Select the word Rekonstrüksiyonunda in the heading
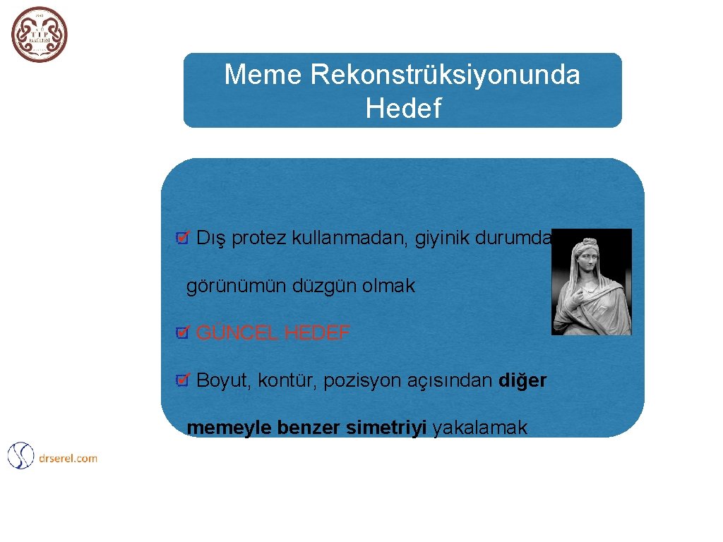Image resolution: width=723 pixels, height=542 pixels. [443, 75]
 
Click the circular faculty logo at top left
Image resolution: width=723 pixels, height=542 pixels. [40, 35]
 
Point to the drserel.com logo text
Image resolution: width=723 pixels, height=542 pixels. [68, 458]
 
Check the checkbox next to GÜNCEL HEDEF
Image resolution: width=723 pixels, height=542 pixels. [181, 333]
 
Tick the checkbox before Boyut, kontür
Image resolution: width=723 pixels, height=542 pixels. [181, 381]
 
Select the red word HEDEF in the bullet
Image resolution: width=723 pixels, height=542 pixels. [316, 333]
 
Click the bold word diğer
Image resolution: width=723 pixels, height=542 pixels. [522, 381]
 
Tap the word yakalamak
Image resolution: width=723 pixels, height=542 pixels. [479, 428]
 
